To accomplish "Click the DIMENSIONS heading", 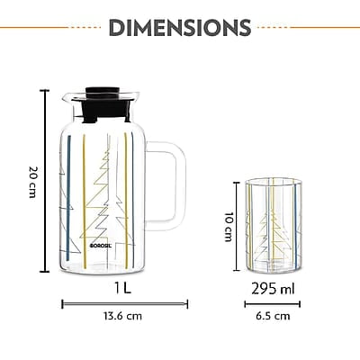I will click(179, 26).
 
